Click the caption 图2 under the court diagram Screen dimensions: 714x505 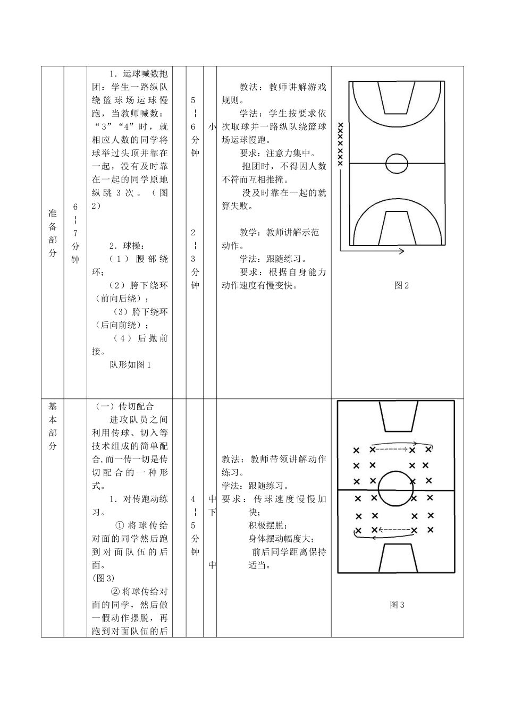tap(401, 285)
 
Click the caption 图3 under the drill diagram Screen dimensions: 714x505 tap(397, 605)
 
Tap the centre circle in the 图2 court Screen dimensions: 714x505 tap(397, 164)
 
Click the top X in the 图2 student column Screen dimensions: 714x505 tap(341, 126)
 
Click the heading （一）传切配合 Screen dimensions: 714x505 tap(125, 406)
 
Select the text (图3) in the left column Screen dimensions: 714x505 tap(103, 578)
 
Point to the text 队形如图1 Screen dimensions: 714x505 tap(131, 364)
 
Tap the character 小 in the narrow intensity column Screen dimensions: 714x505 tap(212, 126)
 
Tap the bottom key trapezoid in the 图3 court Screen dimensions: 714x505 tap(397, 556)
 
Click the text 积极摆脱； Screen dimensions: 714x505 tap(268, 525)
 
